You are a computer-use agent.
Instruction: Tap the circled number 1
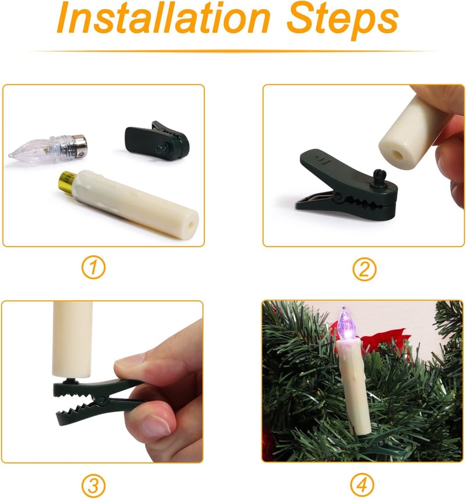[x=93, y=268]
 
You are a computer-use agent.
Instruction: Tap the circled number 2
[x=364, y=269]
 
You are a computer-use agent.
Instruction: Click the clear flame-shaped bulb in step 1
[x=48, y=149]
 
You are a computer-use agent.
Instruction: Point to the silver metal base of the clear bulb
[x=79, y=147]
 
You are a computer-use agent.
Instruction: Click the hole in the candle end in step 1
[x=191, y=224]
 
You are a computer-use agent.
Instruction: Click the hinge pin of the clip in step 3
[x=103, y=399]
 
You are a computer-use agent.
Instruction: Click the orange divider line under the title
[x=233, y=51]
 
